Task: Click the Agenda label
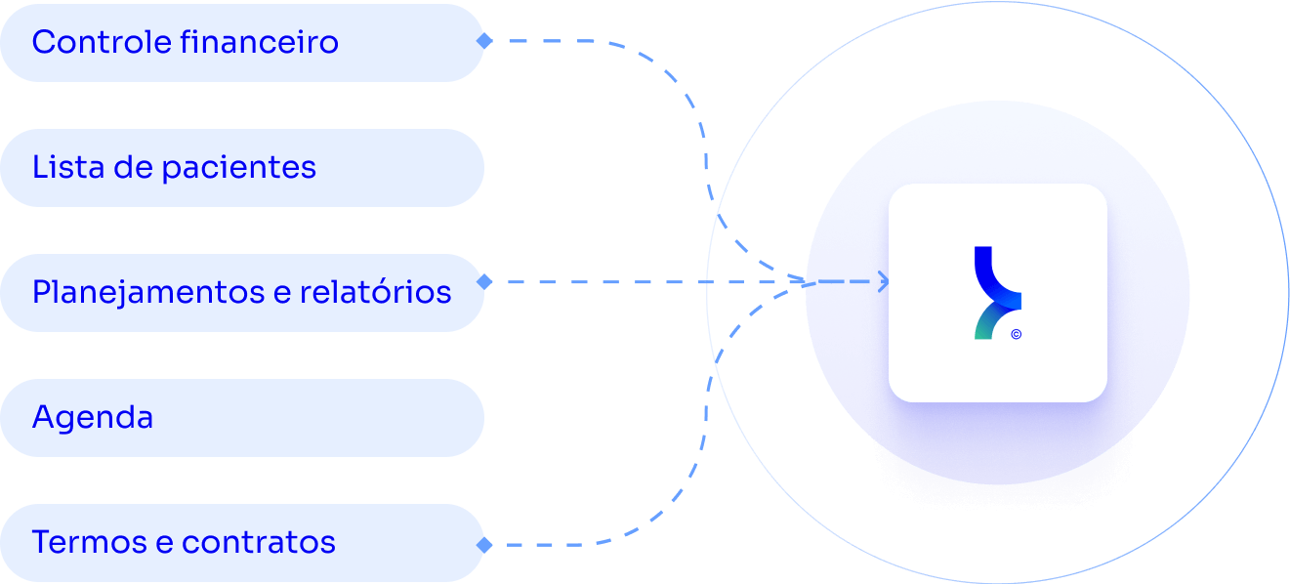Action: tap(93, 418)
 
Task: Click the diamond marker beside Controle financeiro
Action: tap(483, 41)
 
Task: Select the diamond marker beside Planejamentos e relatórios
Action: tap(483, 282)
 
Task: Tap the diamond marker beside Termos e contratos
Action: tap(483, 544)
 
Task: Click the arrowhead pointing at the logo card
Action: tap(883, 282)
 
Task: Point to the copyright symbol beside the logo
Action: tap(1016, 334)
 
